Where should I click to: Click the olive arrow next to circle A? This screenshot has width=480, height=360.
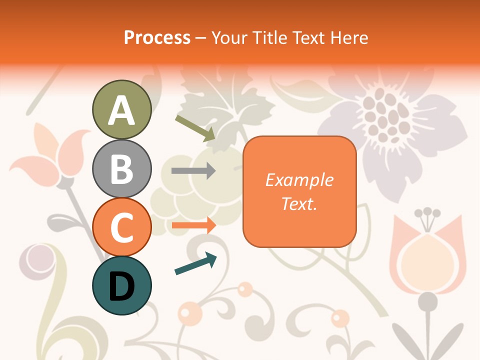(195, 127)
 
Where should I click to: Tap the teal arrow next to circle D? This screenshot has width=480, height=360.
(195, 263)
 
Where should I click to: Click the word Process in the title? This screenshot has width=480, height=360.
(157, 37)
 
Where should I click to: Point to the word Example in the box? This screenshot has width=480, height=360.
(299, 180)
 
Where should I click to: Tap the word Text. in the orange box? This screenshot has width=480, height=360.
(299, 203)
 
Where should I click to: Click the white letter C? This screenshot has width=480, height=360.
(121, 228)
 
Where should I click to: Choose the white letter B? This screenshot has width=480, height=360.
(121, 169)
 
